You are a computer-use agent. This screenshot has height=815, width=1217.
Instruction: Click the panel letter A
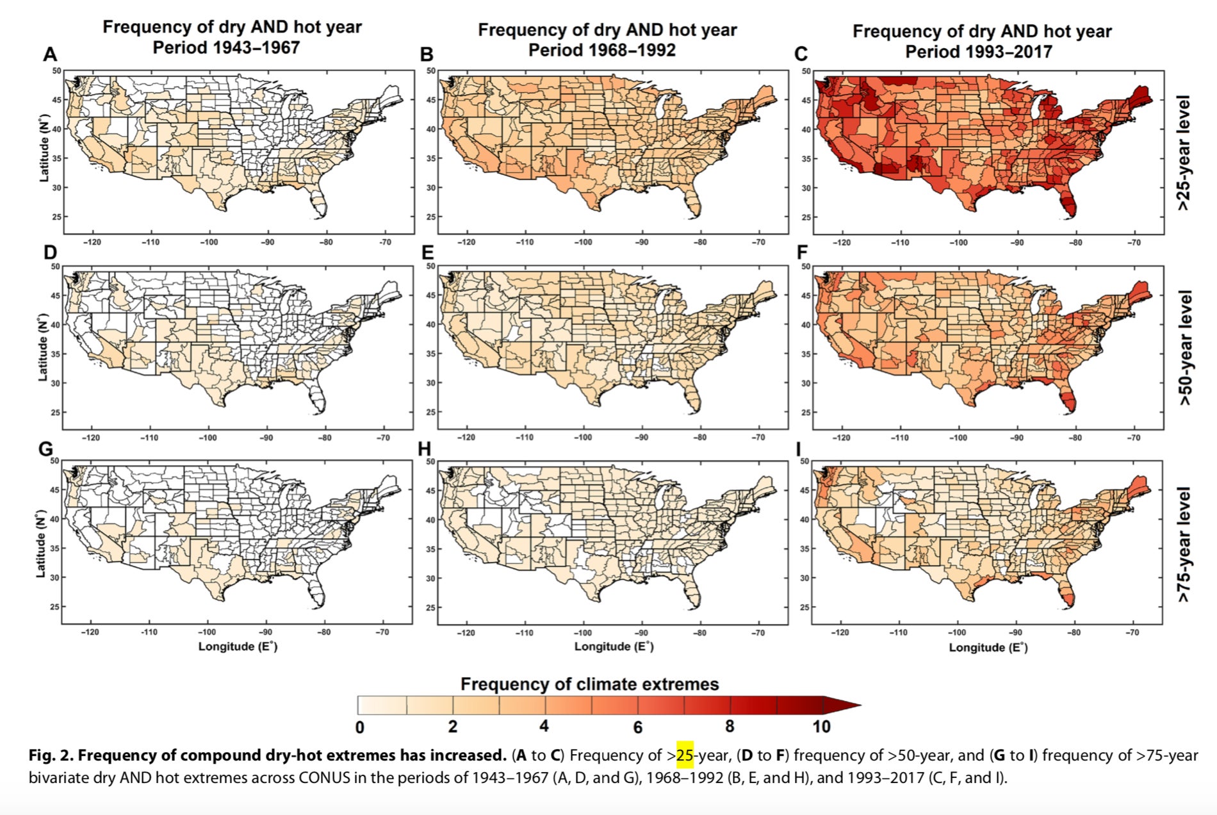[49, 55]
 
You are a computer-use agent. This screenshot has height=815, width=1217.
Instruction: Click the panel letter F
[802, 253]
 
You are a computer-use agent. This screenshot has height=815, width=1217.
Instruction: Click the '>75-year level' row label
[1184, 544]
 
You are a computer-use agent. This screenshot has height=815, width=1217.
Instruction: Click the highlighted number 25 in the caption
[685, 755]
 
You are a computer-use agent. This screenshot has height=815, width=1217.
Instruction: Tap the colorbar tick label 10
[821, 727]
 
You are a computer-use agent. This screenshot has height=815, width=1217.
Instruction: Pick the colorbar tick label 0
[359, 727]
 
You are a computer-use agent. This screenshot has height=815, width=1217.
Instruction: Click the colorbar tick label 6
[637, 727]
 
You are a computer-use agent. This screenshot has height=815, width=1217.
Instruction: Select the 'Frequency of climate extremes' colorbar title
[589, 684]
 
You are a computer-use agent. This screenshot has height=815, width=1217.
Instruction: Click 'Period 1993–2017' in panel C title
[978, 52]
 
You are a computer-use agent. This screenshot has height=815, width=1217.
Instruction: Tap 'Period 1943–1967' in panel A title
[226, 48]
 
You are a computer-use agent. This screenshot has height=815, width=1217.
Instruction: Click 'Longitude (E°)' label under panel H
[614, 646]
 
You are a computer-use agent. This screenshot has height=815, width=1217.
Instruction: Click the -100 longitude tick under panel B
[583, 243]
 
